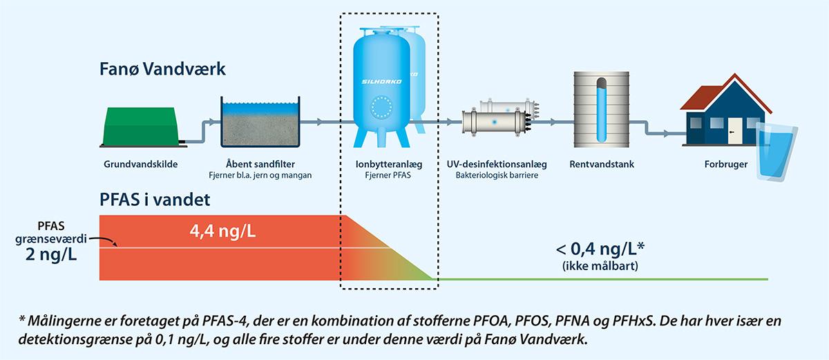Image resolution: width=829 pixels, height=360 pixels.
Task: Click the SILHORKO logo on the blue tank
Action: click(377, 82)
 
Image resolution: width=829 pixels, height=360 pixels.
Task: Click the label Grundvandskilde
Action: click(141, 164)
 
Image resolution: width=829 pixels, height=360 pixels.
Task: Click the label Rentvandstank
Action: click(602, 164)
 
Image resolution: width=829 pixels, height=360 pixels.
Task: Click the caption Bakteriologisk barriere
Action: click(497, 176)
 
